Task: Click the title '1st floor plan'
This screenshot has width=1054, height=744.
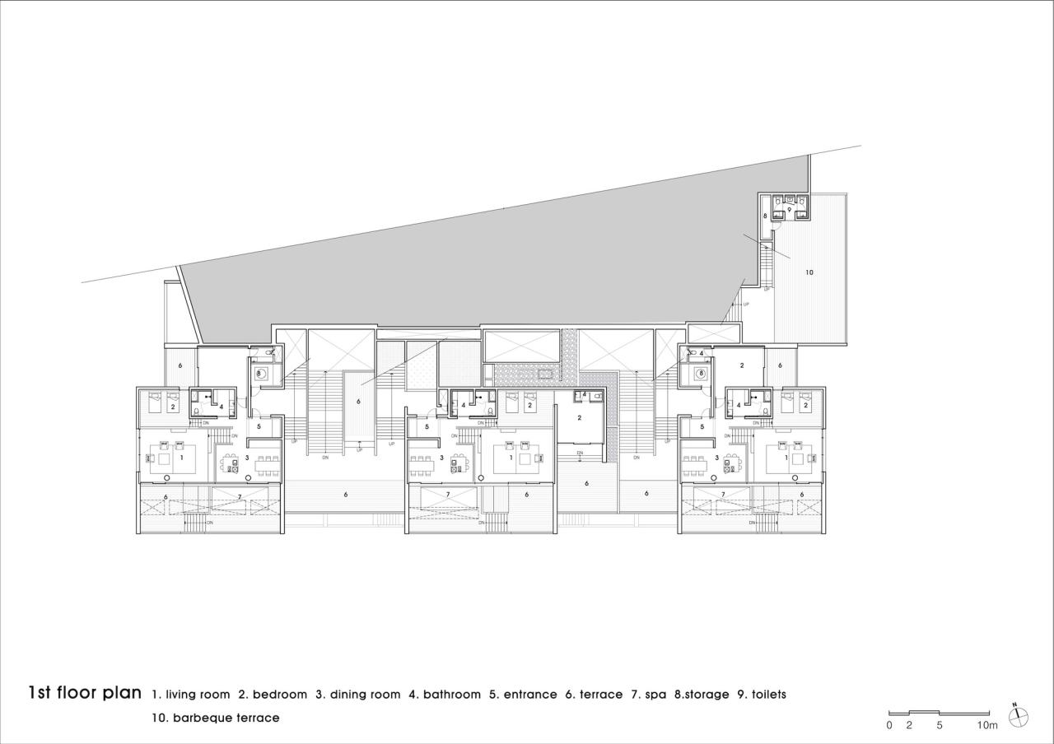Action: coord(85,692)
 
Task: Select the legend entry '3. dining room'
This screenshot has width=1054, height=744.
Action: coord(357,695)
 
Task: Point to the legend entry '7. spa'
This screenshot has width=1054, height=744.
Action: coord(648,695)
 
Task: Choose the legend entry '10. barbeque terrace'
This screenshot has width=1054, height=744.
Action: coord(215,718)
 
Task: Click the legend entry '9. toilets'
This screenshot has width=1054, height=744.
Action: coord(762,695)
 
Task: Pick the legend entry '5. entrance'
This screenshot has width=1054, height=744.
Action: coord(523,695)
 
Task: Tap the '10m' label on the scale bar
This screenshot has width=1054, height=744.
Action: coord(987,725)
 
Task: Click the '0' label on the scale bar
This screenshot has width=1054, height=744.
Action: coord(889,725)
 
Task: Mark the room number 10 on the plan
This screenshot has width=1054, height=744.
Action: coord(809,272)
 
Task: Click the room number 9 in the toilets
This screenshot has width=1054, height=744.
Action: coord(789,210)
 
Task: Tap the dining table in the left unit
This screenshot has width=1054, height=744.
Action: coord(267,467)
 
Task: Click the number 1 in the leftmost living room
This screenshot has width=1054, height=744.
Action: coord(181,457)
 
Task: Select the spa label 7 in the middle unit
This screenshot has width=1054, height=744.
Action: coord(447,495)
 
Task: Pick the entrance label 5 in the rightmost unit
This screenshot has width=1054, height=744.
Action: coord(702,427)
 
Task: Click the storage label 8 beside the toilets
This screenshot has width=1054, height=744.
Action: coord(765,216)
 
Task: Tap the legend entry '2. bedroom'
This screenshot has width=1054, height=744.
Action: coord(273,695)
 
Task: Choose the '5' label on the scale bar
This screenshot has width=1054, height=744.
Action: coord(940,725)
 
